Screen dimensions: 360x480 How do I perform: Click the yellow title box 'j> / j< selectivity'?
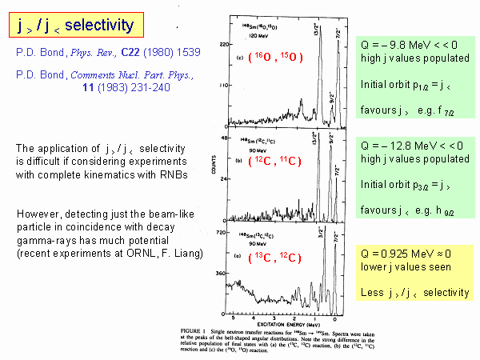pos(76,26)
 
